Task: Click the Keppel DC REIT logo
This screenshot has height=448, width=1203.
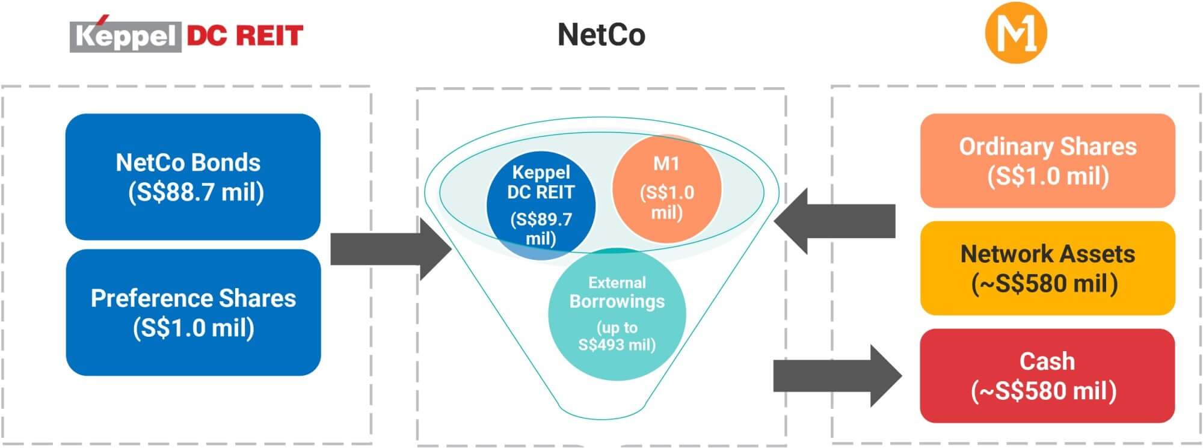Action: click(186, 35)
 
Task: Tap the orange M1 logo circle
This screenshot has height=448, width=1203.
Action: click(1016, 34)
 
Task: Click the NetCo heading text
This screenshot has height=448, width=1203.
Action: click(601, 35)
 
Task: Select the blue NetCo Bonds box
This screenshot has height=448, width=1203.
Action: click(192, 177)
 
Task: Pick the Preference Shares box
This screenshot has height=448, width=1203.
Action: click(193, 313)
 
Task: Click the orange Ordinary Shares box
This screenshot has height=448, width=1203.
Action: click(1047, 161)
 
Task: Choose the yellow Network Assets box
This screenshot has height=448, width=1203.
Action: click(1047, 268)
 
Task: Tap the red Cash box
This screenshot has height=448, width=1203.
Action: click(1047, 376)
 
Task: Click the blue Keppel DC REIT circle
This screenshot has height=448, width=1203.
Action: click(540, 204)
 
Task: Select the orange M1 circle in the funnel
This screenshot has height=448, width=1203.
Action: click(666, 188)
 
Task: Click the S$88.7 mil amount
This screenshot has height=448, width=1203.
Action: click(196, 192)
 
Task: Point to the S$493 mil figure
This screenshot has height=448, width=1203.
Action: click(617, 345)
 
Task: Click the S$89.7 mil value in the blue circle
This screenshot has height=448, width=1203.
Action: click(541, 229)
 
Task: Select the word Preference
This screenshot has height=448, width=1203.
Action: click(151, 298)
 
